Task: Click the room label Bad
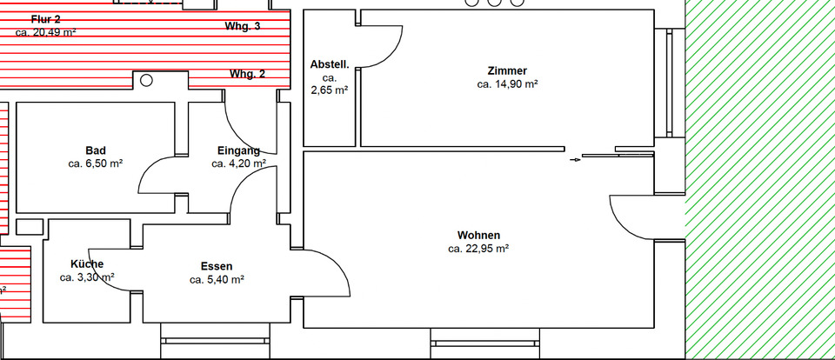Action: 96,150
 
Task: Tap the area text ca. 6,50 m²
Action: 96,163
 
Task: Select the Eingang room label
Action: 238,150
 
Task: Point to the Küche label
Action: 87,264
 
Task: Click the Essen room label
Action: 217,266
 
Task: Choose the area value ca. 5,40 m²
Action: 217,280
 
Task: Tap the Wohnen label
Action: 478,235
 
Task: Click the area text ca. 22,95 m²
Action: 478,249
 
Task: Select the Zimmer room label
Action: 507,70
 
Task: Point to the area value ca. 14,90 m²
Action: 507,84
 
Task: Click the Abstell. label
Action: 330,64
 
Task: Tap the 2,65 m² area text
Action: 330,90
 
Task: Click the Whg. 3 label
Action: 243,27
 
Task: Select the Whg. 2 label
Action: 248,74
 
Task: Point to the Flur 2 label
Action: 46,17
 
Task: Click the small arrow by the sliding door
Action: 574,160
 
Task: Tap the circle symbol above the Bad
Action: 146,80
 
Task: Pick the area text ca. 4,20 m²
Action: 238,163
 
